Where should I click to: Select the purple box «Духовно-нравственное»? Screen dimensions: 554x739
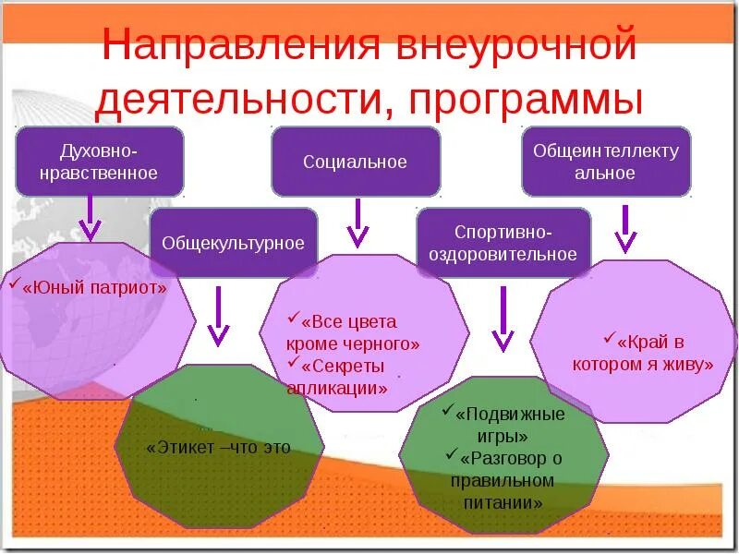(100, 161)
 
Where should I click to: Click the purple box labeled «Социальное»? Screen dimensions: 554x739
(355, 162)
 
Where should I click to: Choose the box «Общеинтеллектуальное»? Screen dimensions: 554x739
(606, 162)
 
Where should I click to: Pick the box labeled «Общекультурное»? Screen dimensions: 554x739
(233, 244)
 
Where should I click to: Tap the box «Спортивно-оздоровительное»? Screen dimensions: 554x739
(503, 243)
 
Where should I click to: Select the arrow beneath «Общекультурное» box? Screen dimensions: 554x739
(219, 316)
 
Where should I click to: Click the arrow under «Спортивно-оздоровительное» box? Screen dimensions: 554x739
(503, 319)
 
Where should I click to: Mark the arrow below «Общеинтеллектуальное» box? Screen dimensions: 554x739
(625, 228)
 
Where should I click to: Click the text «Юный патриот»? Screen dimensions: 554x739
(95, 287)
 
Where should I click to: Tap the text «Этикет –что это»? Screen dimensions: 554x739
(218, 448)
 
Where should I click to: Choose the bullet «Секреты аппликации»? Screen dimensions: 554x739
(337, 377)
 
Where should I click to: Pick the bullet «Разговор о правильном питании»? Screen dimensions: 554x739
(503, 480)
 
